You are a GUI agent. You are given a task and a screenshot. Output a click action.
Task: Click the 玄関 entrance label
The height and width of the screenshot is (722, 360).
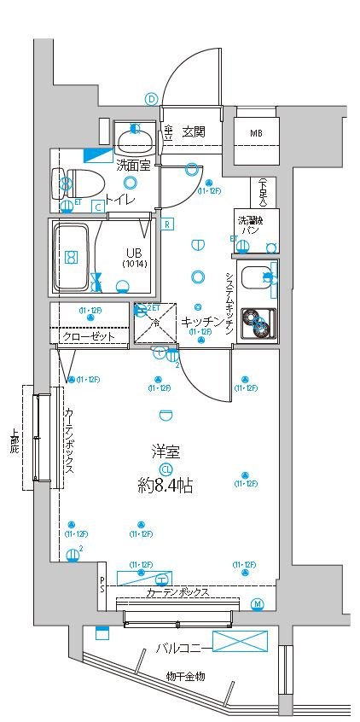[x=193, y=131]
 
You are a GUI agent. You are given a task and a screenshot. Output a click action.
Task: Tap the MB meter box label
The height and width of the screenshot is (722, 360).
[x=256, y=134]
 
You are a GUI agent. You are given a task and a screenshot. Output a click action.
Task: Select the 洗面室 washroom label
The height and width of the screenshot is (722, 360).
[x=133, y=165]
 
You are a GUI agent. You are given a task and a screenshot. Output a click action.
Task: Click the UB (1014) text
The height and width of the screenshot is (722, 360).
[x=134, y=258]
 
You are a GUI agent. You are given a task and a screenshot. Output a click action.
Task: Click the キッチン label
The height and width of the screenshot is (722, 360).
[x=201, y=321]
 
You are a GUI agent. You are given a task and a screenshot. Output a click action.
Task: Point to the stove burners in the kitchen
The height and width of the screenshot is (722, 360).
[x=257, y=322]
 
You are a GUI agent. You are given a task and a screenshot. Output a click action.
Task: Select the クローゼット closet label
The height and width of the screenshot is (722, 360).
[x=90, y=336]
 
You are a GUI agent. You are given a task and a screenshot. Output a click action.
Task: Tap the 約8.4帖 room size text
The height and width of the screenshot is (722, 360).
[x=165, y=486]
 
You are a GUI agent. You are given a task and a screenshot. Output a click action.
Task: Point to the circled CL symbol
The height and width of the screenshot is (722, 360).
[x=165, y=469]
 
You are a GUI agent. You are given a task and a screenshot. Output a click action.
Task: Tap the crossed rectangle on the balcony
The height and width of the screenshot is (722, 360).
[x=240, y=642]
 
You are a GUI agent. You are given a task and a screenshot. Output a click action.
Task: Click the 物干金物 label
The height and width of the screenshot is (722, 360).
[x=186, y=677]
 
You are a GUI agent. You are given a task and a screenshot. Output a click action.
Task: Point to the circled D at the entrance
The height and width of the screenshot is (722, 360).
[x=152, y=99]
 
